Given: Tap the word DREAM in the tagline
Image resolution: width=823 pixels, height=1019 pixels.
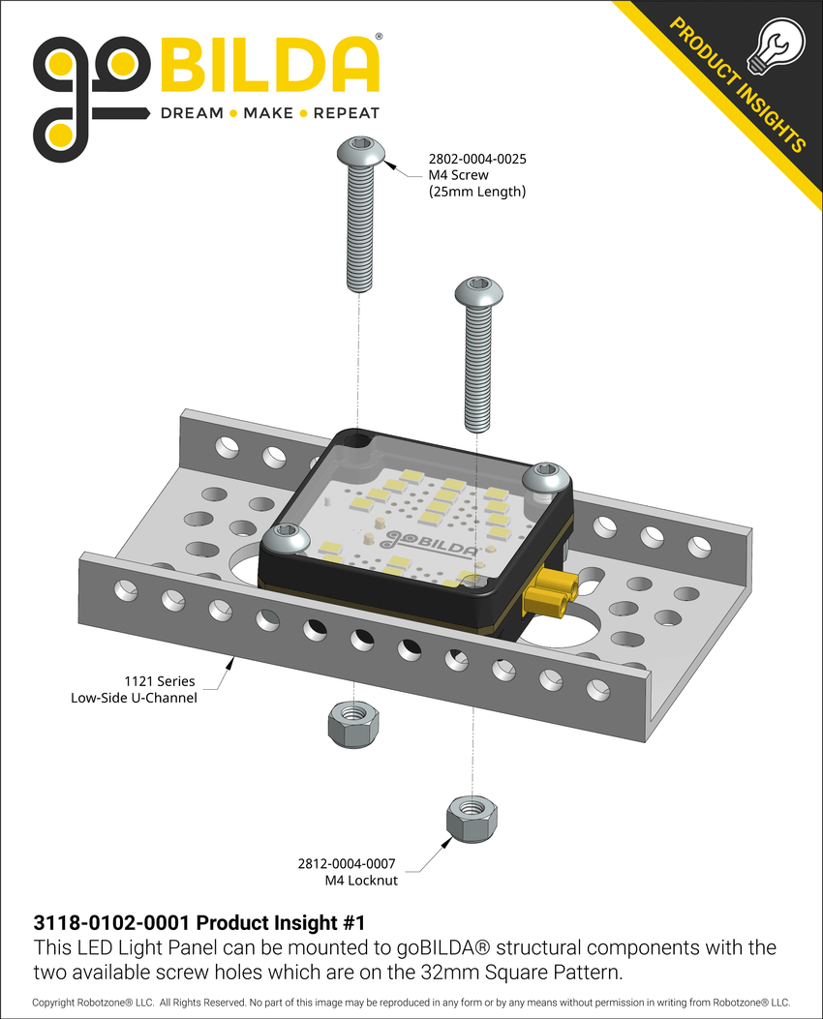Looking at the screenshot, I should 192,113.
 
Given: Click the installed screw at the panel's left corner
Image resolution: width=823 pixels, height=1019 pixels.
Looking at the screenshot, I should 288,538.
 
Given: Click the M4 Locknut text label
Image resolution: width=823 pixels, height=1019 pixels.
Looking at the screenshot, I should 360,881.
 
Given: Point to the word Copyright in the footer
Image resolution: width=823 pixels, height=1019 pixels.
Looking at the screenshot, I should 58,1003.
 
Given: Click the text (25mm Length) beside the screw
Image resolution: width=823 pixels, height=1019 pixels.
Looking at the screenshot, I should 476,192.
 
